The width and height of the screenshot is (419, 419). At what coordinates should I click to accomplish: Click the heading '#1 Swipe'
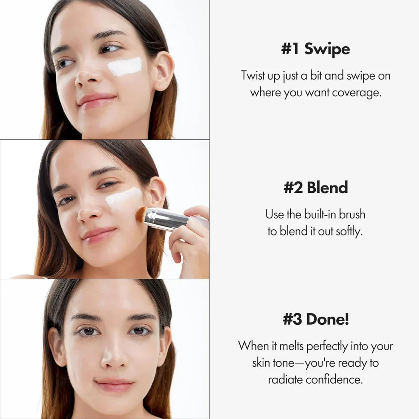315,50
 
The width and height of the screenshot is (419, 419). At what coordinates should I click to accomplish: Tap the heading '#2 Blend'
315,187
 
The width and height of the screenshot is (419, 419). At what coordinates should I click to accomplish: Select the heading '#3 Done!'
315,319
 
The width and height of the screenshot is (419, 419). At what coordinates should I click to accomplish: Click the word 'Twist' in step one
254,75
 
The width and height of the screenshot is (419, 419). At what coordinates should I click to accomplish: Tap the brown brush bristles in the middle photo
141,215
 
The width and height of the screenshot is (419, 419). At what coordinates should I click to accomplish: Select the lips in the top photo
97,100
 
